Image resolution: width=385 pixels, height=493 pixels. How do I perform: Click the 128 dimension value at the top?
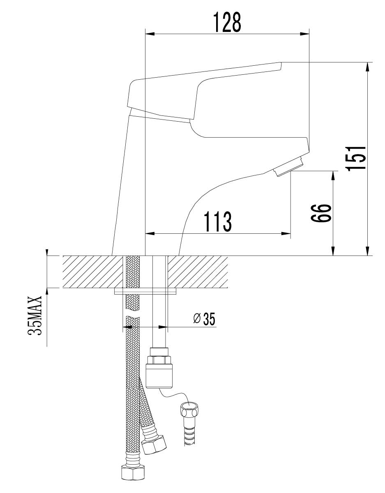point(227,22)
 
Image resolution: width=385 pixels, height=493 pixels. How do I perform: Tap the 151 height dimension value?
point(355,159)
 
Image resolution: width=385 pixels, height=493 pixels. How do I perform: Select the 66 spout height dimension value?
point(321,213)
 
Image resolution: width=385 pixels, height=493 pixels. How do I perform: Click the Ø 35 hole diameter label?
point(204,319)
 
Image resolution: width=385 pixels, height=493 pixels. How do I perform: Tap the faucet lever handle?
point(204,91)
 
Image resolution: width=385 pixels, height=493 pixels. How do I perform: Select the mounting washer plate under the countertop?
point(145,291)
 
